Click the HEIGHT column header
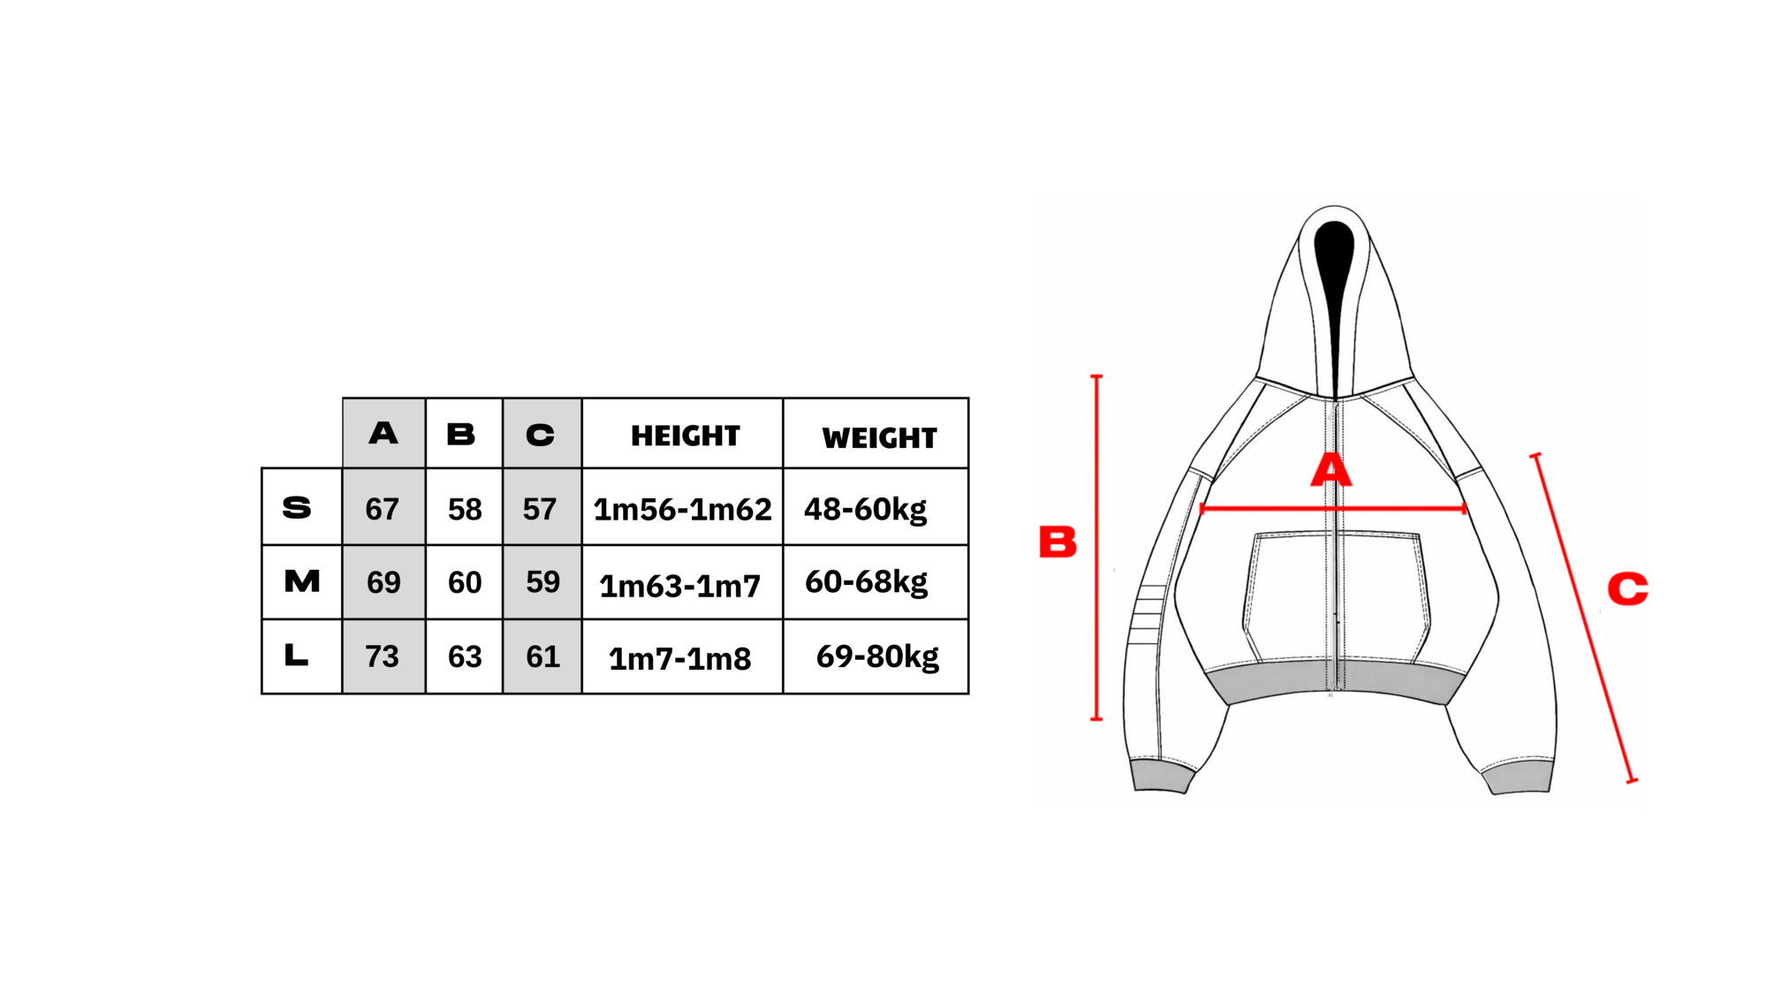tap(685, 436)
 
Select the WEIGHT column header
tap(879, 438)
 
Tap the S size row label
tap(297, 508)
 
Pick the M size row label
tap(302, 581)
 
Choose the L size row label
tap(296, 655)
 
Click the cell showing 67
tap(382, 509)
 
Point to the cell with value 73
tap(382, 656)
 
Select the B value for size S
tap(465, 509)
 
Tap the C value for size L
tap(542, 656)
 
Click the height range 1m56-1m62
tap(682, 510)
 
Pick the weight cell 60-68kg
tap(866, 582)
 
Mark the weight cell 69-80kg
tap(877, 656)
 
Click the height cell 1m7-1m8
tap(679, 659)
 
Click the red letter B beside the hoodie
tap(1058, 542)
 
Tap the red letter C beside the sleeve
tap(1627, 588)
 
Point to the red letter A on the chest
tap(1331, 470)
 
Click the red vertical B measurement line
tap(1096, 548)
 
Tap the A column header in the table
tap(383, 433)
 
